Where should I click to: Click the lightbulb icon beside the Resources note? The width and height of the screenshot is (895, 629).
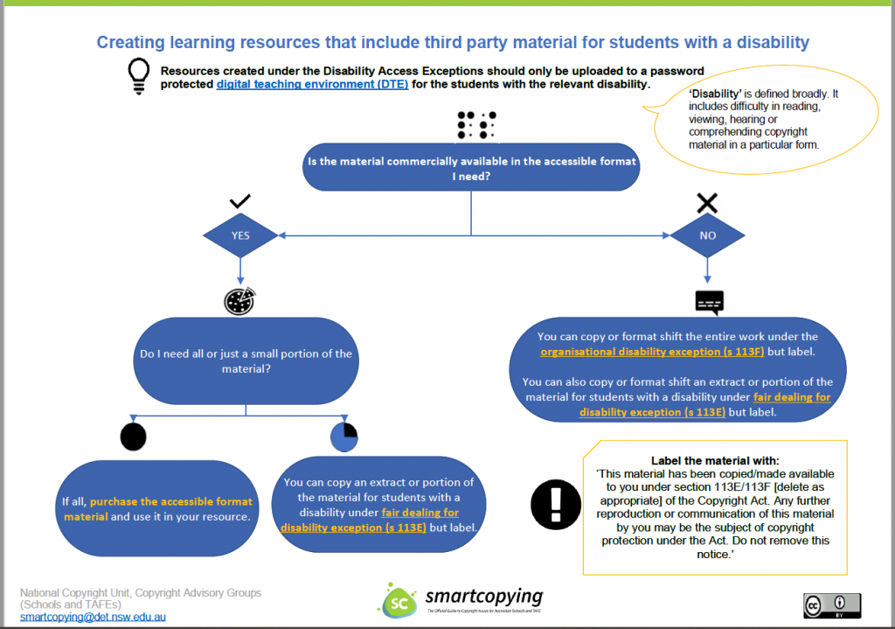click(137, 76)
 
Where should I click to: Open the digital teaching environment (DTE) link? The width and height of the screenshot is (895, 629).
click(312, 85)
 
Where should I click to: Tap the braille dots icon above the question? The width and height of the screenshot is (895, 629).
click(476, 125)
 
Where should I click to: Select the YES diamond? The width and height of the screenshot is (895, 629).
click(240, 235)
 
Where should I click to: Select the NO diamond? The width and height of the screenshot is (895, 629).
click(707, 235)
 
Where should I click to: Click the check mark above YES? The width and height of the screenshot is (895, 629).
click(240, 202)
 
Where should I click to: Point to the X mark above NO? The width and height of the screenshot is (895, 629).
click(707, 204)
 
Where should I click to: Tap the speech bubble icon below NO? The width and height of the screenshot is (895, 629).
click(709, 302)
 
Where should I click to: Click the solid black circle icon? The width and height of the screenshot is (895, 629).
click(133, 436)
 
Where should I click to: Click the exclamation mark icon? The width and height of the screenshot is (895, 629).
click(556, 504)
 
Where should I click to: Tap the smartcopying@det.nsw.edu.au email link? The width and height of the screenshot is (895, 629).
click(93, 617)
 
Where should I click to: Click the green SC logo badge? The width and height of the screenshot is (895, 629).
click(397, 601)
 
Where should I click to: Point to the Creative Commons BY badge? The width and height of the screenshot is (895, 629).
click(832, 605)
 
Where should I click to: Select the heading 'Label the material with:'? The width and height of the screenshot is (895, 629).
click(715, 460)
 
